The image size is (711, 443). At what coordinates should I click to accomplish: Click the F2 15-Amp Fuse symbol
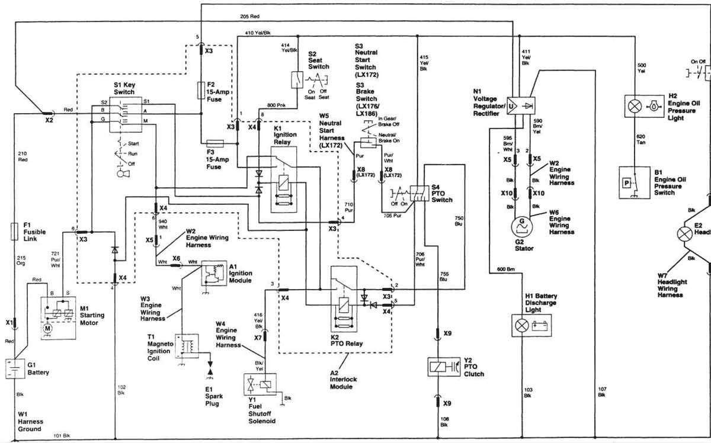pos(201,91)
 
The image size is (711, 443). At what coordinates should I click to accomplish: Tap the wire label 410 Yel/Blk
pos(258,33)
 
